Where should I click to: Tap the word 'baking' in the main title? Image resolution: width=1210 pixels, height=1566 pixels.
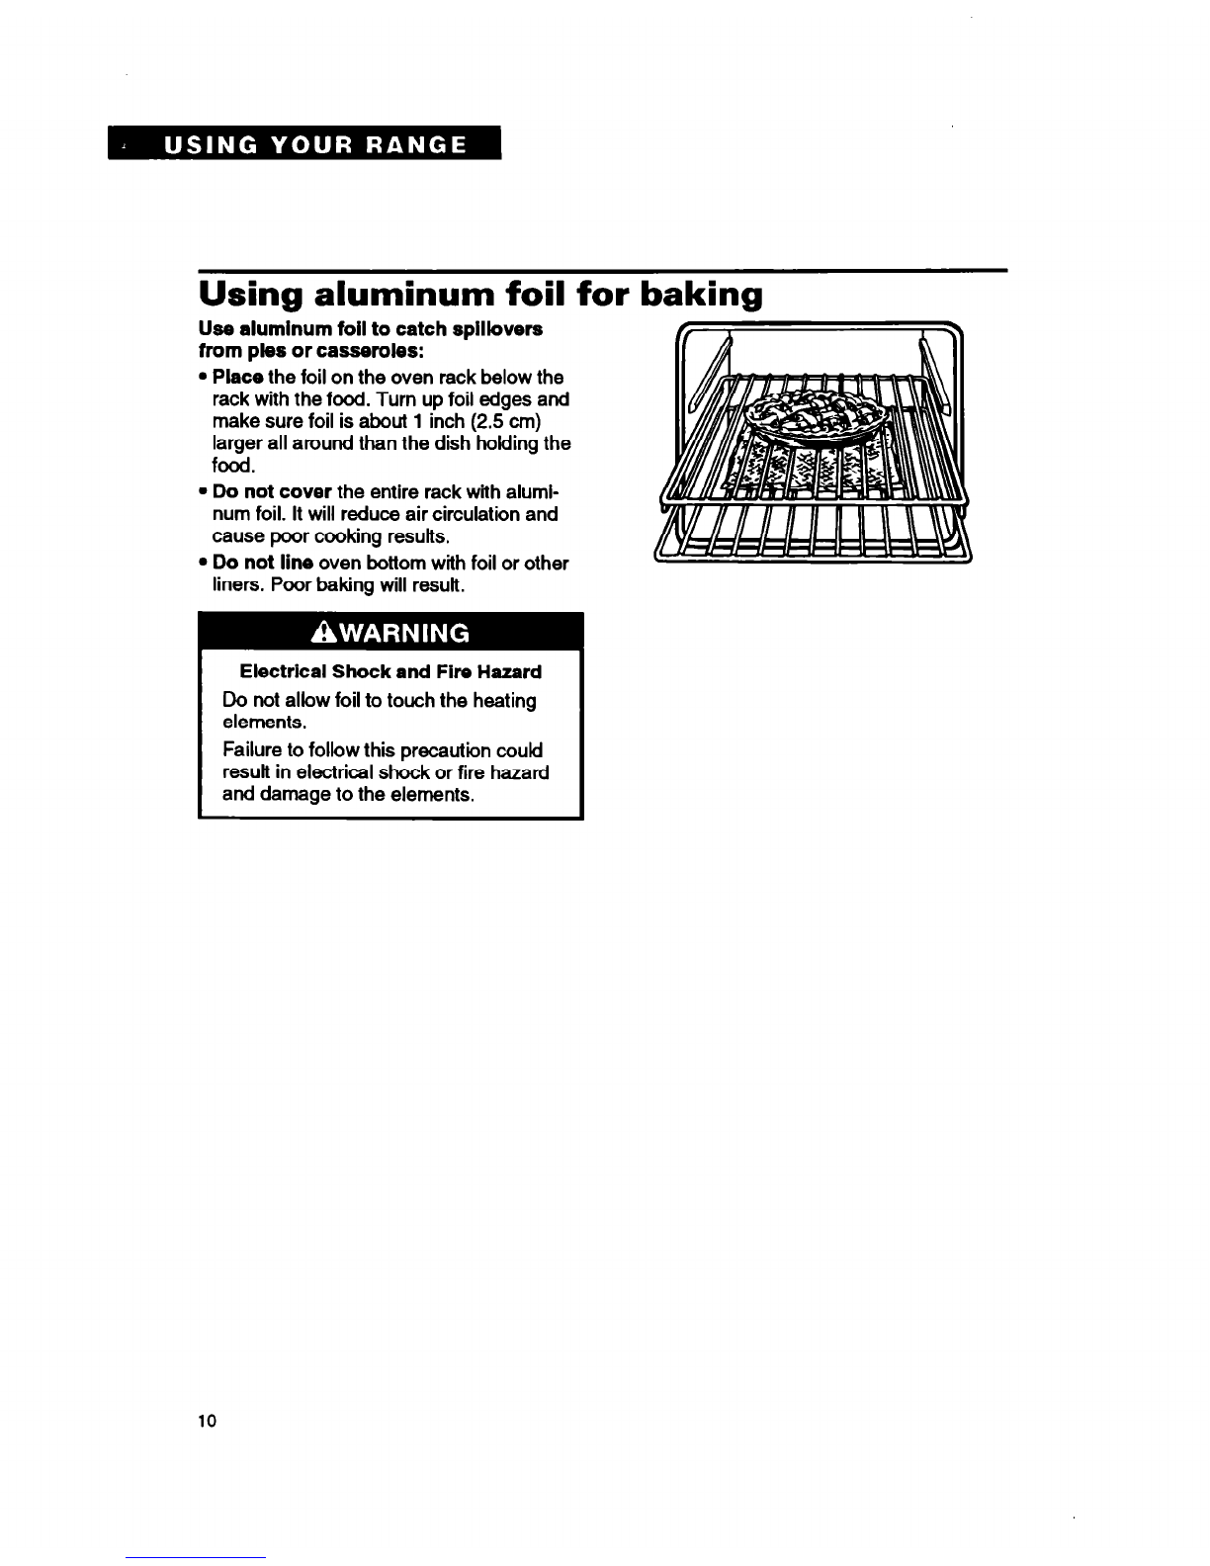tap(702, 296)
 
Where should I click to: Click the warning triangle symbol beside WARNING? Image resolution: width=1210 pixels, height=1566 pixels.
tap(323, 633)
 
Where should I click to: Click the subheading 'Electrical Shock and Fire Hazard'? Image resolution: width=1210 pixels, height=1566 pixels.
tap(390, 672)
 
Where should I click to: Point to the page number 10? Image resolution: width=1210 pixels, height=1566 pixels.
tap(207, 1422)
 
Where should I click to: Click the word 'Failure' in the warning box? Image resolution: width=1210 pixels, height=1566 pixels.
tap(252, 750)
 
